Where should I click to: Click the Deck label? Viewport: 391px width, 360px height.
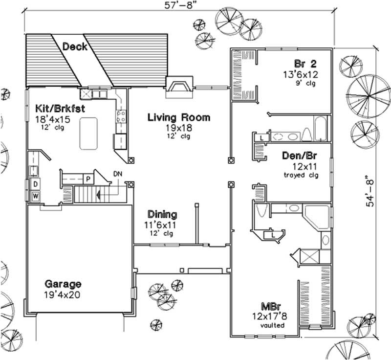(x=75, y=46)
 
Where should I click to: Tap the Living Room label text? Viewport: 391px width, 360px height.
(x=179, y=117)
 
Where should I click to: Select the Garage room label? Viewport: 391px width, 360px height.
(x=63, y=284)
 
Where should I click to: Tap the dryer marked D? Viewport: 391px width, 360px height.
(x=36, y=183)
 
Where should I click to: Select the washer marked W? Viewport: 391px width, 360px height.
(x=36, y=196)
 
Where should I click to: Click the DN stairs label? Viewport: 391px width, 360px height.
(x=118, y=174)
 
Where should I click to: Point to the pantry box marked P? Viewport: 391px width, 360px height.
(x=88, y=179)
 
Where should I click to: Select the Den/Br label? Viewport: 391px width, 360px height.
(x=300, y=156)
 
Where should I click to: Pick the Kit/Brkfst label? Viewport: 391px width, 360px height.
(x=61, y=108)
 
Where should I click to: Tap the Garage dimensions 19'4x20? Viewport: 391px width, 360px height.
(x=63, y=295)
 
